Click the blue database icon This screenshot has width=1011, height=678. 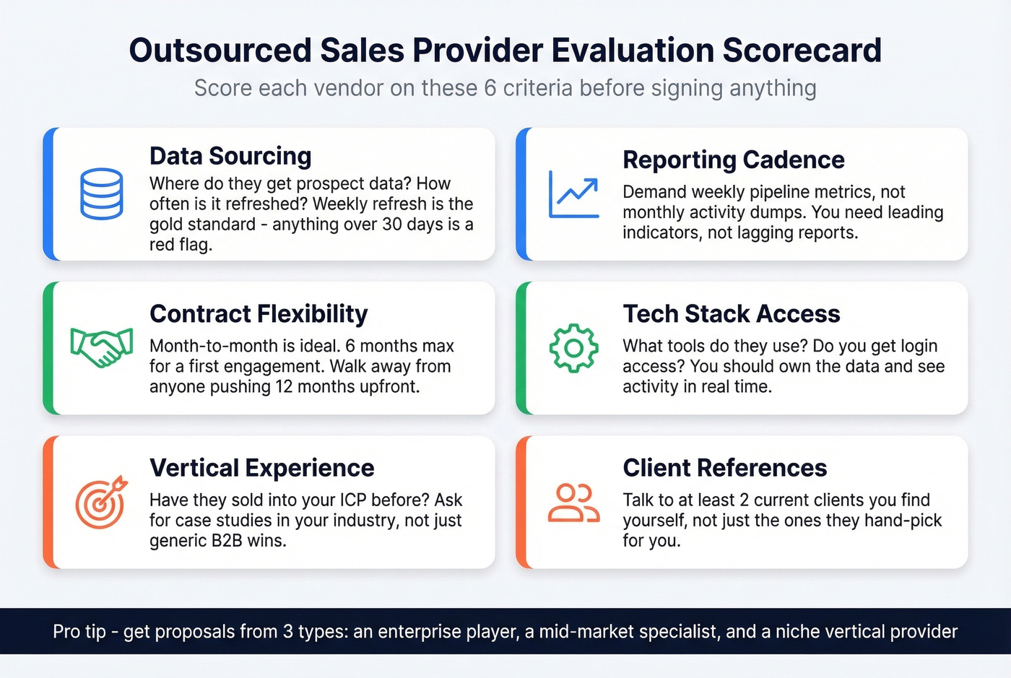101,194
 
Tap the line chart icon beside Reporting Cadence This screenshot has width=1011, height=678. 573,194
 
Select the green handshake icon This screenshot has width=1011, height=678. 101,347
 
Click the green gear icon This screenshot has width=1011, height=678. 573,348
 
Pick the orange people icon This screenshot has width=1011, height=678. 573,503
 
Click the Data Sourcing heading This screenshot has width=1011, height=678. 230,156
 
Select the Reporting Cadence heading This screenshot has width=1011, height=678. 733,160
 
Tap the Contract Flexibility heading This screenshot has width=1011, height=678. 259,314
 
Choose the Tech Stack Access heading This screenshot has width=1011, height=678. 731,314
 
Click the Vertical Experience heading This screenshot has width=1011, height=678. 261,468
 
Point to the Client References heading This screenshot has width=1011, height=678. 724,468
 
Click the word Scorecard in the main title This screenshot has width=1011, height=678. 802,51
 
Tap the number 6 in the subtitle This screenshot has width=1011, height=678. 490,88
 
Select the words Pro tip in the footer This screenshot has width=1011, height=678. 79,632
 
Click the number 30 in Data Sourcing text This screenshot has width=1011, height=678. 392,225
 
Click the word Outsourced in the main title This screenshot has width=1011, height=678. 220,51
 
